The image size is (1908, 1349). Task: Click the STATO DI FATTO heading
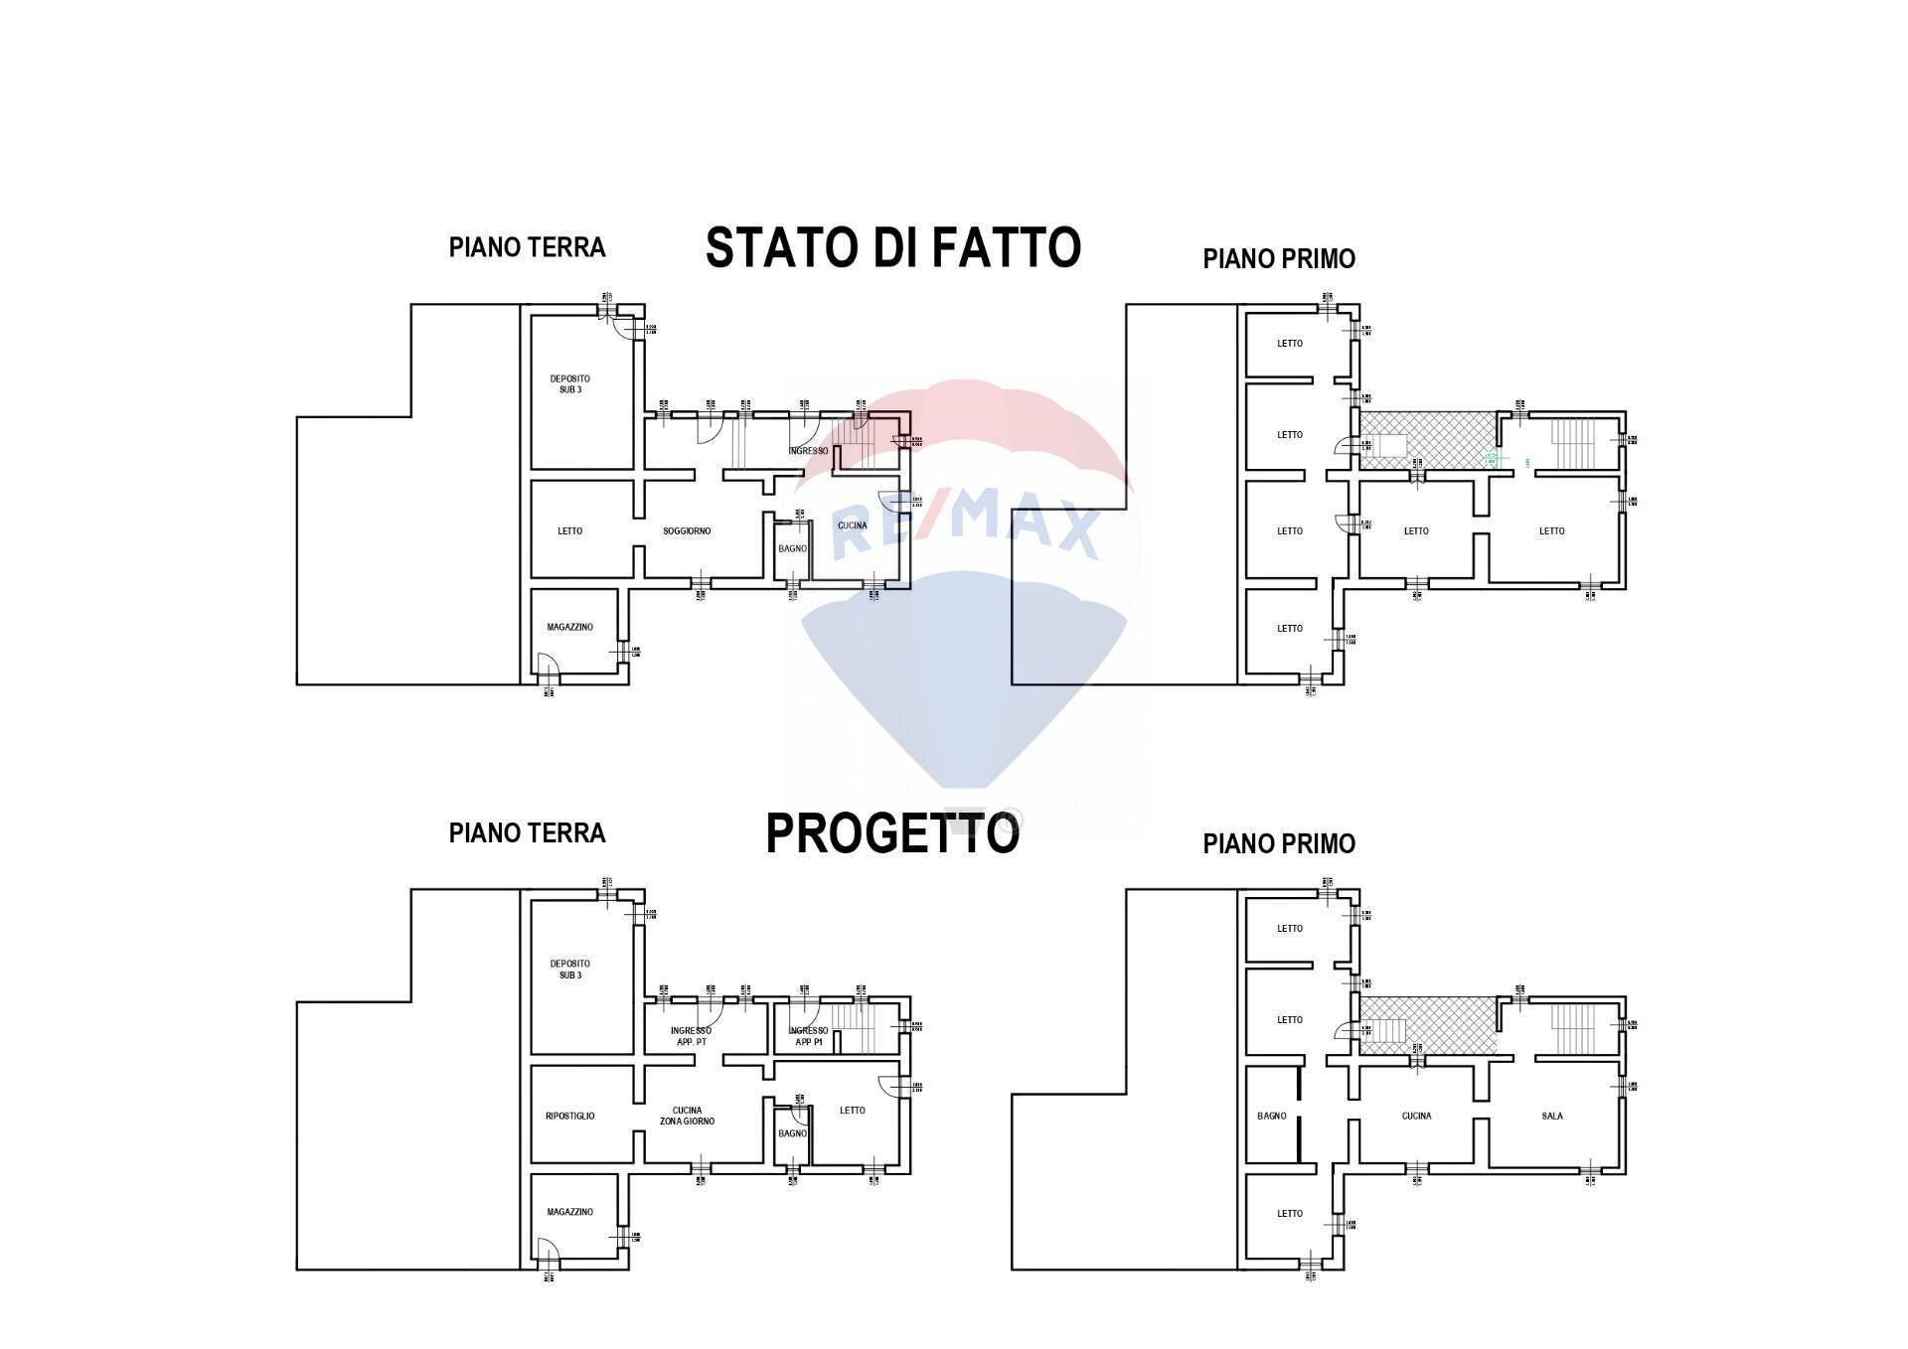892,247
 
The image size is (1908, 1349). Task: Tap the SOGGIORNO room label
687,531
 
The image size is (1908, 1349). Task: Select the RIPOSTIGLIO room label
570,1117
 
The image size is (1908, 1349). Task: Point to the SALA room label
1551,1117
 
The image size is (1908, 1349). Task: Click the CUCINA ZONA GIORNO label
687,1117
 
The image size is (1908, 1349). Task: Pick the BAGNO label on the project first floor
1271,1117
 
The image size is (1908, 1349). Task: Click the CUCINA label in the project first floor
1416,1117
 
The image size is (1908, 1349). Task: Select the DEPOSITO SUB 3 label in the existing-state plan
570,384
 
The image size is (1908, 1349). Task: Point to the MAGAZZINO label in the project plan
570,1212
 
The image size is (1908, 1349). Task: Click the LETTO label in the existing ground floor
570,531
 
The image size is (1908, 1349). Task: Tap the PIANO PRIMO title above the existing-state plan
1279,259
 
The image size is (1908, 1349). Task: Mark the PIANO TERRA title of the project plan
527,832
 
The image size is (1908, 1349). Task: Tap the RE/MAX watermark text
964,528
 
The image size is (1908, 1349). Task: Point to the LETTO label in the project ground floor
852,1111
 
